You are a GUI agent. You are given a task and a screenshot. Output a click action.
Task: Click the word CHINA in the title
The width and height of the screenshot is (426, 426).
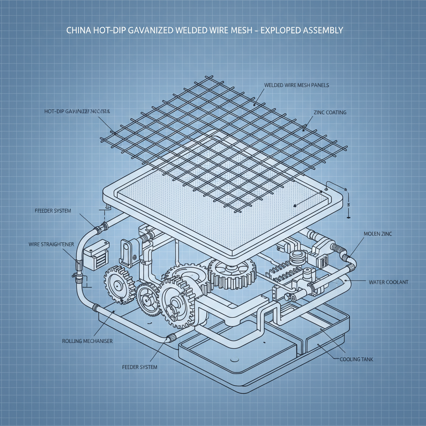(x=78, y=31)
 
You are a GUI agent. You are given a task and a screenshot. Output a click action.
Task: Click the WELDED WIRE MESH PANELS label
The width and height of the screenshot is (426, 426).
(x=296, y=85)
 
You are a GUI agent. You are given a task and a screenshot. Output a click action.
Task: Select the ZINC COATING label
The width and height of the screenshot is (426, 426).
(x=330, y=112)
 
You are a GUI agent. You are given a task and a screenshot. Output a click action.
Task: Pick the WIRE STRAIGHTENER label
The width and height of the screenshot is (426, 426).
(x=52, y=244)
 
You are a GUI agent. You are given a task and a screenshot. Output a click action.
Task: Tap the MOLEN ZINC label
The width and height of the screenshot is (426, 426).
(x=377, y=234)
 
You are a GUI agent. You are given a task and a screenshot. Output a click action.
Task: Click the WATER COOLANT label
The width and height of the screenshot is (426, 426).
(x=389, y=282)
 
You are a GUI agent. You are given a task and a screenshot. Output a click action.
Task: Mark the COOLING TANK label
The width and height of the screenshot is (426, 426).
(x=356, y=359)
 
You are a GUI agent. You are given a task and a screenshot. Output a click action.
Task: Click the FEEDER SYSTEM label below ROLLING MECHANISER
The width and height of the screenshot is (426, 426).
(x=140, y=367)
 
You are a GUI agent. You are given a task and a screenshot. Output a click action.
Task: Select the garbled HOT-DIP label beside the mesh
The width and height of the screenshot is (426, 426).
(x=76, y=111)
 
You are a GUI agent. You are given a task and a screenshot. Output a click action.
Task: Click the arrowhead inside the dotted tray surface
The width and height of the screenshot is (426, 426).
(x=295, y=205)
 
